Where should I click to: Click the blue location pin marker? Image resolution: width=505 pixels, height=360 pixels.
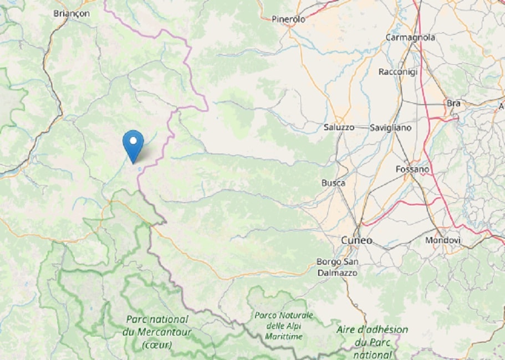coord(133,145)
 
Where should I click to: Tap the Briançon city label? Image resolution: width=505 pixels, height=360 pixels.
coord(72,13)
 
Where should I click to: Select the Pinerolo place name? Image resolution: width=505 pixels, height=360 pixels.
coord(288,19)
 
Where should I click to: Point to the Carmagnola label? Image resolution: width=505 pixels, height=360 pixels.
coord(410,38)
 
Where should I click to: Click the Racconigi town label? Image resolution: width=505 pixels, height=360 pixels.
coord(398,71)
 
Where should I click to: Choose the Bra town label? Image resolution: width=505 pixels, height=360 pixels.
coord(453,103)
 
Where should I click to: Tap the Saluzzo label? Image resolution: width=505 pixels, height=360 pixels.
coord(339,127)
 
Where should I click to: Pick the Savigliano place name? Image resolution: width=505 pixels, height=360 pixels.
coord(391,128)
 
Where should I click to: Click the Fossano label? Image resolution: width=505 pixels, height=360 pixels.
coord(412,169)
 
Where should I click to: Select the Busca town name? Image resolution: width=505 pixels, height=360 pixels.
coord(333,183)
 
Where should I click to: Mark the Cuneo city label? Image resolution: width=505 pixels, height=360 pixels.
coord(356,240)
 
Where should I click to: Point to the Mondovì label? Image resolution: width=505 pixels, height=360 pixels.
coord(443,240)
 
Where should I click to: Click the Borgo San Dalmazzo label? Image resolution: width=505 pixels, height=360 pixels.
coord(337,267)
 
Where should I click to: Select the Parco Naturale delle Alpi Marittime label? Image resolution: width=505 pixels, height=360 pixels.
coord(283,326)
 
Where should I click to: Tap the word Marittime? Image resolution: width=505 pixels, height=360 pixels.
coord(283,336)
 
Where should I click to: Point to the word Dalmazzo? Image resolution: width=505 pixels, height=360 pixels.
coord(338,272)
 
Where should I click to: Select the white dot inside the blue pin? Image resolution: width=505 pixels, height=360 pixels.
coord(133,140)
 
